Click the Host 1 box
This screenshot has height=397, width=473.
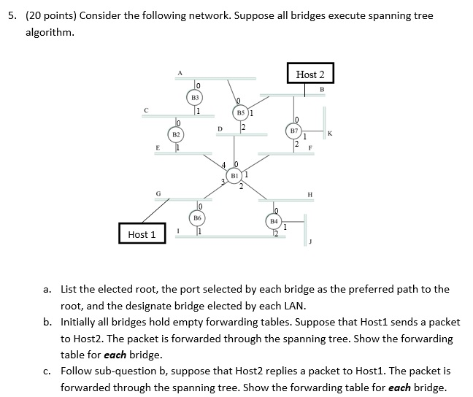142,234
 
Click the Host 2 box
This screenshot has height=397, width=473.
310,74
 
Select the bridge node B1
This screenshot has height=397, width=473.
234,176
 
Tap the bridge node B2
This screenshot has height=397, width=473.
176,135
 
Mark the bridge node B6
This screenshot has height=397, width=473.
197,217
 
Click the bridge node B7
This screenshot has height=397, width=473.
294,131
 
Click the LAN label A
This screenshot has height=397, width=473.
179,72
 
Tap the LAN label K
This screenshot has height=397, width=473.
330,133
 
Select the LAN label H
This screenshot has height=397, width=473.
310,194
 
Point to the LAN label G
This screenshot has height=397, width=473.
156,193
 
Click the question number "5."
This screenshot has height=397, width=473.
12,16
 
